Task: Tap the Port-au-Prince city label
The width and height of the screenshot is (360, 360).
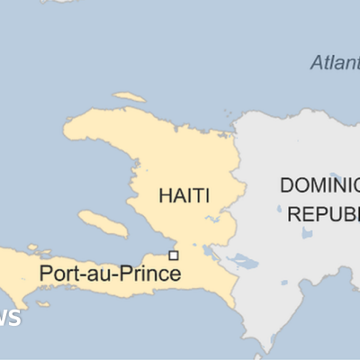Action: pyautogui.click(x=110, y=273)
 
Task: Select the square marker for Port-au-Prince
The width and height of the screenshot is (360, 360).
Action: pyautogui.click(x=174, y=256)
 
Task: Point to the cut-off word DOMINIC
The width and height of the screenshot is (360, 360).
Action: pyautogui.click(x=319, y=185)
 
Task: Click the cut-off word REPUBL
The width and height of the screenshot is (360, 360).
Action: pyautogui.click(x=323, y=213)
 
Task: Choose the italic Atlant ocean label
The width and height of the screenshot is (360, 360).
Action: pyautogui.click(x=334, y=63)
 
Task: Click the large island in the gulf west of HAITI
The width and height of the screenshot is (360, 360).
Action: pyautogui.click(x=103, y=222)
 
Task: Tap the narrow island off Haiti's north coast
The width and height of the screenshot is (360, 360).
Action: pyautogui.click(x=130, y=96)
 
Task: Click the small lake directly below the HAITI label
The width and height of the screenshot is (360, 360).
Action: pyautogui.click(x=214, y=219)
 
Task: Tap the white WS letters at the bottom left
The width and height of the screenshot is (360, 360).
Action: pyautogui.click(x=11, y=319)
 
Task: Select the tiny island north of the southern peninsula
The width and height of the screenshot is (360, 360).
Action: pyautogui.click(x=34, y=247)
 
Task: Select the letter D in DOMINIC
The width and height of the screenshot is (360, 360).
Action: pyautogui.click(x=287, y=185)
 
